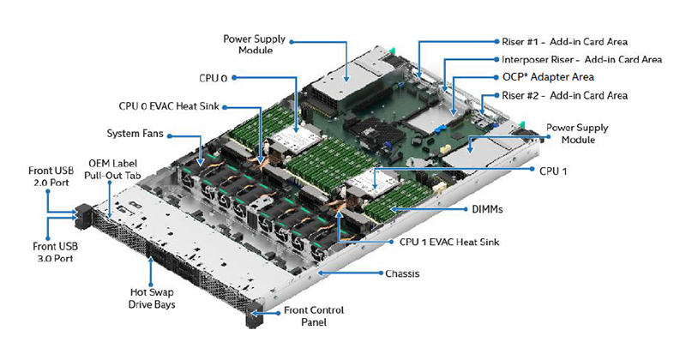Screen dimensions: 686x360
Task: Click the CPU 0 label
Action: click(x=213, y=78)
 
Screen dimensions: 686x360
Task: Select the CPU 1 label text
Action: click(x=553, y=171)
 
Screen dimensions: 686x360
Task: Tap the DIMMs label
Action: click(x=487, y=209)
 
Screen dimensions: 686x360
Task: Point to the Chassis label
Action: click(x=402, y=273)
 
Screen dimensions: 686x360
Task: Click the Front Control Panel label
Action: click(x=314, y=315)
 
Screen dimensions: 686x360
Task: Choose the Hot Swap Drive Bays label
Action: click(x=152, y=298)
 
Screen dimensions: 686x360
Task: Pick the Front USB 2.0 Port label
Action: click(x=51, y=177)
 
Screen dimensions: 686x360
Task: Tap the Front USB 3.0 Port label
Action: click(x=55, y=252)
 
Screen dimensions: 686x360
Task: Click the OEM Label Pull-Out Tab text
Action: click(x=113, y=169)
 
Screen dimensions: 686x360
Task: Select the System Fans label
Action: click(x=135, y=134)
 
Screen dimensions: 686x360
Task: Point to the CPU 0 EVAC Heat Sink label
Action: click(x=169, y=106)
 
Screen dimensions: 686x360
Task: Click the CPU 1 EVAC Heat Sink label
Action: click(x=449, y=242)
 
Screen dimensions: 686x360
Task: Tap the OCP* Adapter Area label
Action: click(x=548, y=77)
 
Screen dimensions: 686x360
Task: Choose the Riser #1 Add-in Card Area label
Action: click(x=564, y=41)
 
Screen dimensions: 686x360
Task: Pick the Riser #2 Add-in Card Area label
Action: click(x=564, y=95)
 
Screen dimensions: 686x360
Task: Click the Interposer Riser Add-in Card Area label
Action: click(x=581, y=59)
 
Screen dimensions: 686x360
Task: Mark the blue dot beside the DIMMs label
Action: click(x=466, y=209)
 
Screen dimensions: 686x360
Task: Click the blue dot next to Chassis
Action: click(x=381, y=273)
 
